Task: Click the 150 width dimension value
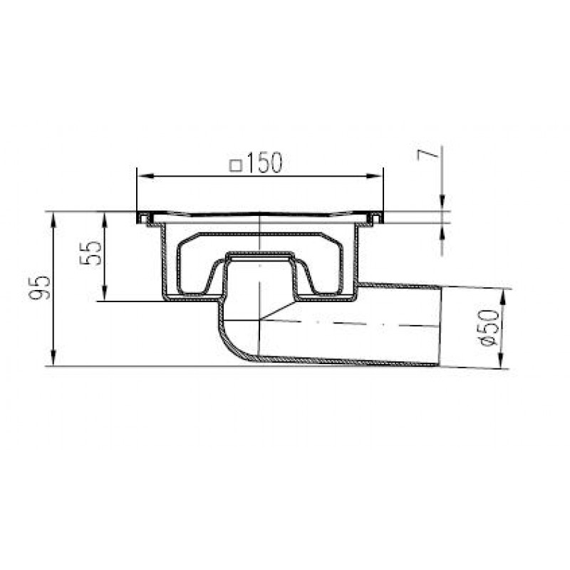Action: coord(264,162)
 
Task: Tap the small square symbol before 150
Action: coord(236,166)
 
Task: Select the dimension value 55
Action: coord(90,253)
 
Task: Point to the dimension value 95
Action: coord(39,288)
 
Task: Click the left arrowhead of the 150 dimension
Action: coord(145,176)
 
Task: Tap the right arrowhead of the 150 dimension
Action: coord(375,176)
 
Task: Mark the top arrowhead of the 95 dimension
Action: coord(54,219)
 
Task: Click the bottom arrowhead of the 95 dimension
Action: coord(54,358)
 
